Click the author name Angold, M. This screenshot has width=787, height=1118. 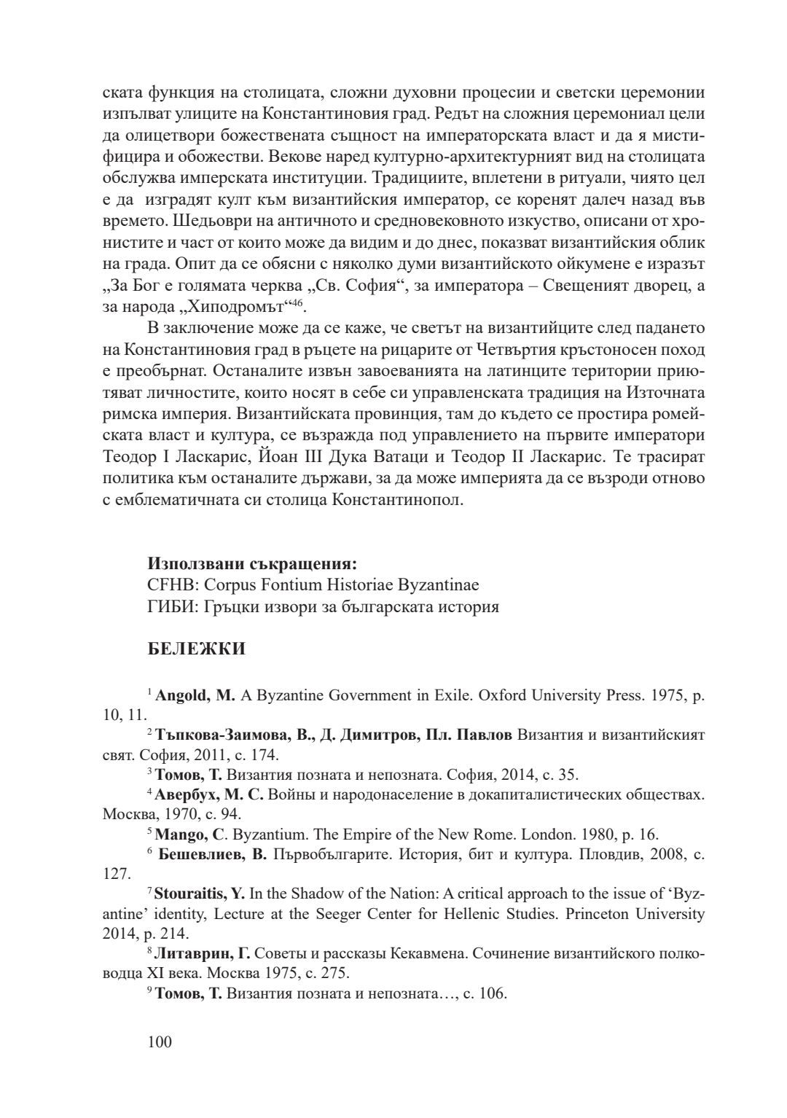pyautogui.click(x=195, y=695)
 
